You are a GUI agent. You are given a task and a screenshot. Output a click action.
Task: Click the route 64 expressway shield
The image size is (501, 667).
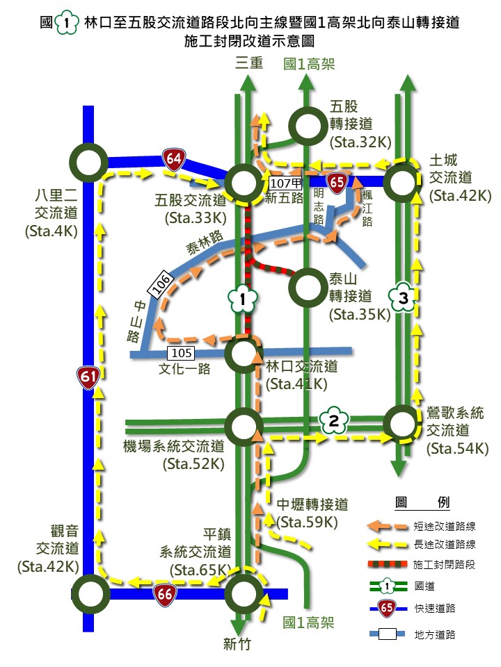[x=174, y=159]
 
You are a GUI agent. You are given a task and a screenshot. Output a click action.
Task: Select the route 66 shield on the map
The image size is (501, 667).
[x=165, y=595]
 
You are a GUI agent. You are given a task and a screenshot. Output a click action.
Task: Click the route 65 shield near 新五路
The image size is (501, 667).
[x=337, y=182]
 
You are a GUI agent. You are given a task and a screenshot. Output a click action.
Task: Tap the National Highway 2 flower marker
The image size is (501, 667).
[x=333, y=420]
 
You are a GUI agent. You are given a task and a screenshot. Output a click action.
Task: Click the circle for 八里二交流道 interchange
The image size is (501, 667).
[x=88, y=164]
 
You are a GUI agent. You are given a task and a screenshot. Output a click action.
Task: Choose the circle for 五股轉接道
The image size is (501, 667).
[x=308, y=125]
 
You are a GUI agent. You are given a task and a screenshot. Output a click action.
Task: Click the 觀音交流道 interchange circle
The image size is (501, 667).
[x=90, y=594]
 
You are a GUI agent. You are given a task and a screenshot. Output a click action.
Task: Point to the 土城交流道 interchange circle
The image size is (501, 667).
[x=403, y=183]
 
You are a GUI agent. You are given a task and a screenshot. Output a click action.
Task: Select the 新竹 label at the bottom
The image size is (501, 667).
[x=237, y=643]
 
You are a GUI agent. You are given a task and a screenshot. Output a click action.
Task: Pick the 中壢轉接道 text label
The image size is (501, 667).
[x=313, y=505]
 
